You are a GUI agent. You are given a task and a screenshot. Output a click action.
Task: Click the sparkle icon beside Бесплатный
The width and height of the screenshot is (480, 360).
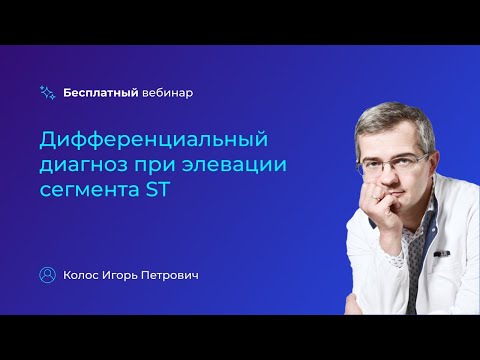click(x=47, y=92)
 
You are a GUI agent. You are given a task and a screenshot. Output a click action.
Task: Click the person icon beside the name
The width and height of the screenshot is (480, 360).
click(x=47, y=274)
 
